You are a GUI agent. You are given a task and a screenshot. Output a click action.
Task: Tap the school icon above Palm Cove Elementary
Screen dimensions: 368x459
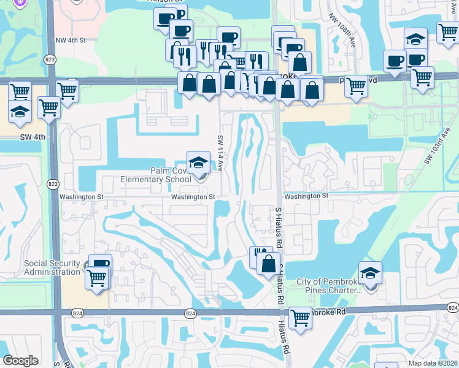coord(198,163)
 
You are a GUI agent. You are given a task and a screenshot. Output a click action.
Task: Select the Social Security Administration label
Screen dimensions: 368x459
coord(52,267)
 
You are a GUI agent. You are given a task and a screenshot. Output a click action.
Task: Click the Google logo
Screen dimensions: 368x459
coord(21,361)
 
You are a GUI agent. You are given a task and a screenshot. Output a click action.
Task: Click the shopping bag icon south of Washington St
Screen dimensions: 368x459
coord(268,264)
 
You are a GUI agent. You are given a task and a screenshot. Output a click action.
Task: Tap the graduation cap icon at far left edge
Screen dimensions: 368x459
coord(20,112)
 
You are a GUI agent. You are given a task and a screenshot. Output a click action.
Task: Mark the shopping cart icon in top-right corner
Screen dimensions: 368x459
coord(449,31)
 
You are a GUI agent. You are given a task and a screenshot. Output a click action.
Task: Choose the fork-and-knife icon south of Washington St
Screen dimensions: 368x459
coord(260,254)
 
